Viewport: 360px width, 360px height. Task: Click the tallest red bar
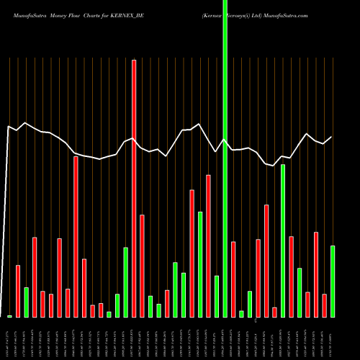coord(134,187)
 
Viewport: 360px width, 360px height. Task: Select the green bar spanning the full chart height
coord(225,158)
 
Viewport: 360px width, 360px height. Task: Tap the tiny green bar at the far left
coord(10,316)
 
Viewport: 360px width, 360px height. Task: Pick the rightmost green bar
coord(333,281)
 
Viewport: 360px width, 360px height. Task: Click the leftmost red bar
coord(18,291)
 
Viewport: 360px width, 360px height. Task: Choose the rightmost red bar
coord(325,305)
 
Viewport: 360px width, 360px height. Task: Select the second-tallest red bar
coord(76,236)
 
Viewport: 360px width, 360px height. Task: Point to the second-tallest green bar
coord(283,240)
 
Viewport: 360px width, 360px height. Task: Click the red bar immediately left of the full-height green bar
coord(209,246)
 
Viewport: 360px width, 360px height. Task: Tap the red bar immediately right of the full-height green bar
coord(233,279)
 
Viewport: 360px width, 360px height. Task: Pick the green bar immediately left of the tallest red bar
coord(125,282)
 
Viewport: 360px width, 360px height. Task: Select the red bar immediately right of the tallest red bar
coord(142,266)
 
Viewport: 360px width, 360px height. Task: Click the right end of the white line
coord(332,137)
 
